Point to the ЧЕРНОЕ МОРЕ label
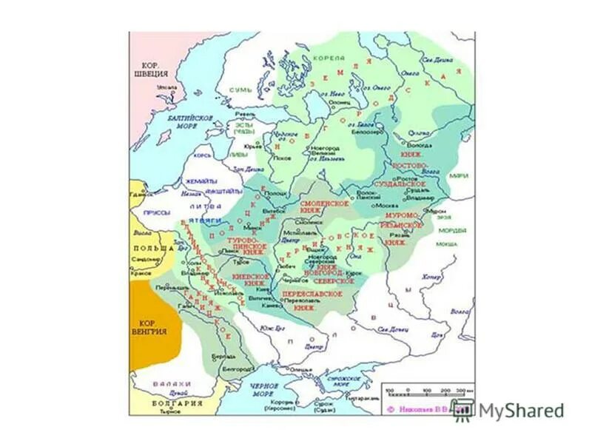263,389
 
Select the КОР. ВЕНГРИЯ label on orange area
151,326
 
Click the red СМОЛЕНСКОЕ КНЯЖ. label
323,206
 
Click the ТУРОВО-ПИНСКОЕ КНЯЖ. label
249,245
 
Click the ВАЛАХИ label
158,383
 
